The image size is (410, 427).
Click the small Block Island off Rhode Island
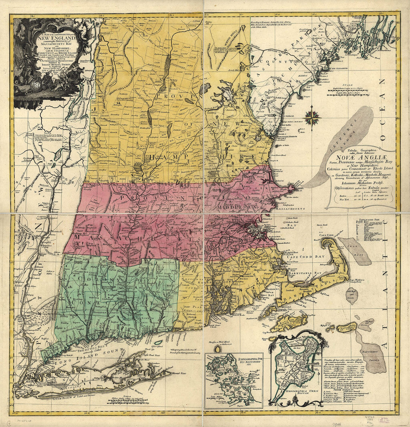(217, 350)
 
